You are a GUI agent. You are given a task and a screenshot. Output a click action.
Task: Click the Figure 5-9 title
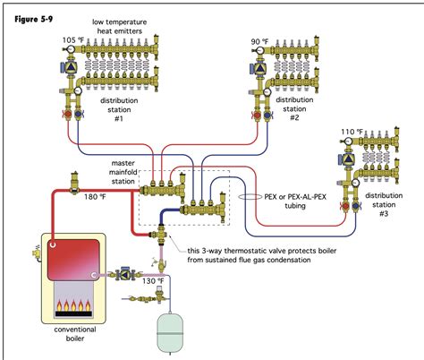[28, 15]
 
